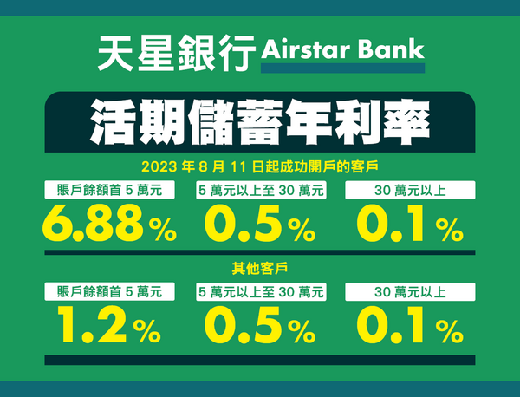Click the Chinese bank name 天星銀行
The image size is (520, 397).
[x=177, y=53]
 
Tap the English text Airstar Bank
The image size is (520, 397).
[x=342, y=49]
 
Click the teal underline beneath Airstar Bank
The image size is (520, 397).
[x=342, y=68]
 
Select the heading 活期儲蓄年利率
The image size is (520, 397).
[x=260, y=122]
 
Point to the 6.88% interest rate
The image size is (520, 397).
[x=109, y=223]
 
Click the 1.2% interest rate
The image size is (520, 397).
[x=109, y=324]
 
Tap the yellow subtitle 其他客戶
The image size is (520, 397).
[x=260, y=269]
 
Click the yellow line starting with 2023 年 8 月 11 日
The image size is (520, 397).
[x=260, y=166]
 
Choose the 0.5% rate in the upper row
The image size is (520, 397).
[x=260, y=223]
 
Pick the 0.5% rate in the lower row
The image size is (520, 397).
[x=260, y=324]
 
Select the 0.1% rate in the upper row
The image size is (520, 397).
[x=410, y=223]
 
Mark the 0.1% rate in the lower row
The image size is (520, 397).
[x=410, y=324]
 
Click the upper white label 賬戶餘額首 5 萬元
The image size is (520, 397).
[x=110, y=190]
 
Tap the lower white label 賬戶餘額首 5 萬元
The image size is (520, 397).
[x=110, y=292]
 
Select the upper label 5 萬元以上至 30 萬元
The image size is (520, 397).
[x=261, y=190]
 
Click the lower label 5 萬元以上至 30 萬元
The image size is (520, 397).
[x=261, y=292]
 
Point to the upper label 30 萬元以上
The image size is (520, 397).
[x=410, y=190]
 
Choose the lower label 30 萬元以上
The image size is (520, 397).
[x=410, y=292]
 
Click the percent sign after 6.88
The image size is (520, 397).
[x=163, y=229]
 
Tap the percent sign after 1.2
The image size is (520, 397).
[x=147, y=330]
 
